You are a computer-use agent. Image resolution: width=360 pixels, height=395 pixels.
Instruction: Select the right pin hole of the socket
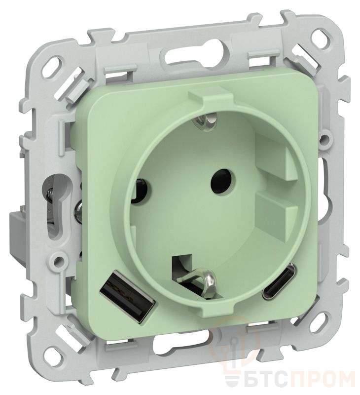(x=220, y=179)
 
